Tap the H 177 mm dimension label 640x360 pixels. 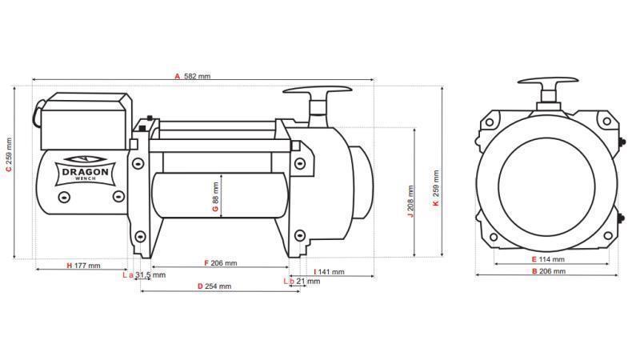point(83,265)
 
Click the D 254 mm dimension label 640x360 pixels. point(214,286)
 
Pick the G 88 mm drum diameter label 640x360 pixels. point(215,197)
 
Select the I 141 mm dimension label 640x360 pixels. point(328,272)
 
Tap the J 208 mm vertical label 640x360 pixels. point(410,202)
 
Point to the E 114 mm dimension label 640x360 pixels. point(547,260)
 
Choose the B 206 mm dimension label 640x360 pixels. point(547,272)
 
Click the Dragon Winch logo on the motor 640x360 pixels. point(83,170)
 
